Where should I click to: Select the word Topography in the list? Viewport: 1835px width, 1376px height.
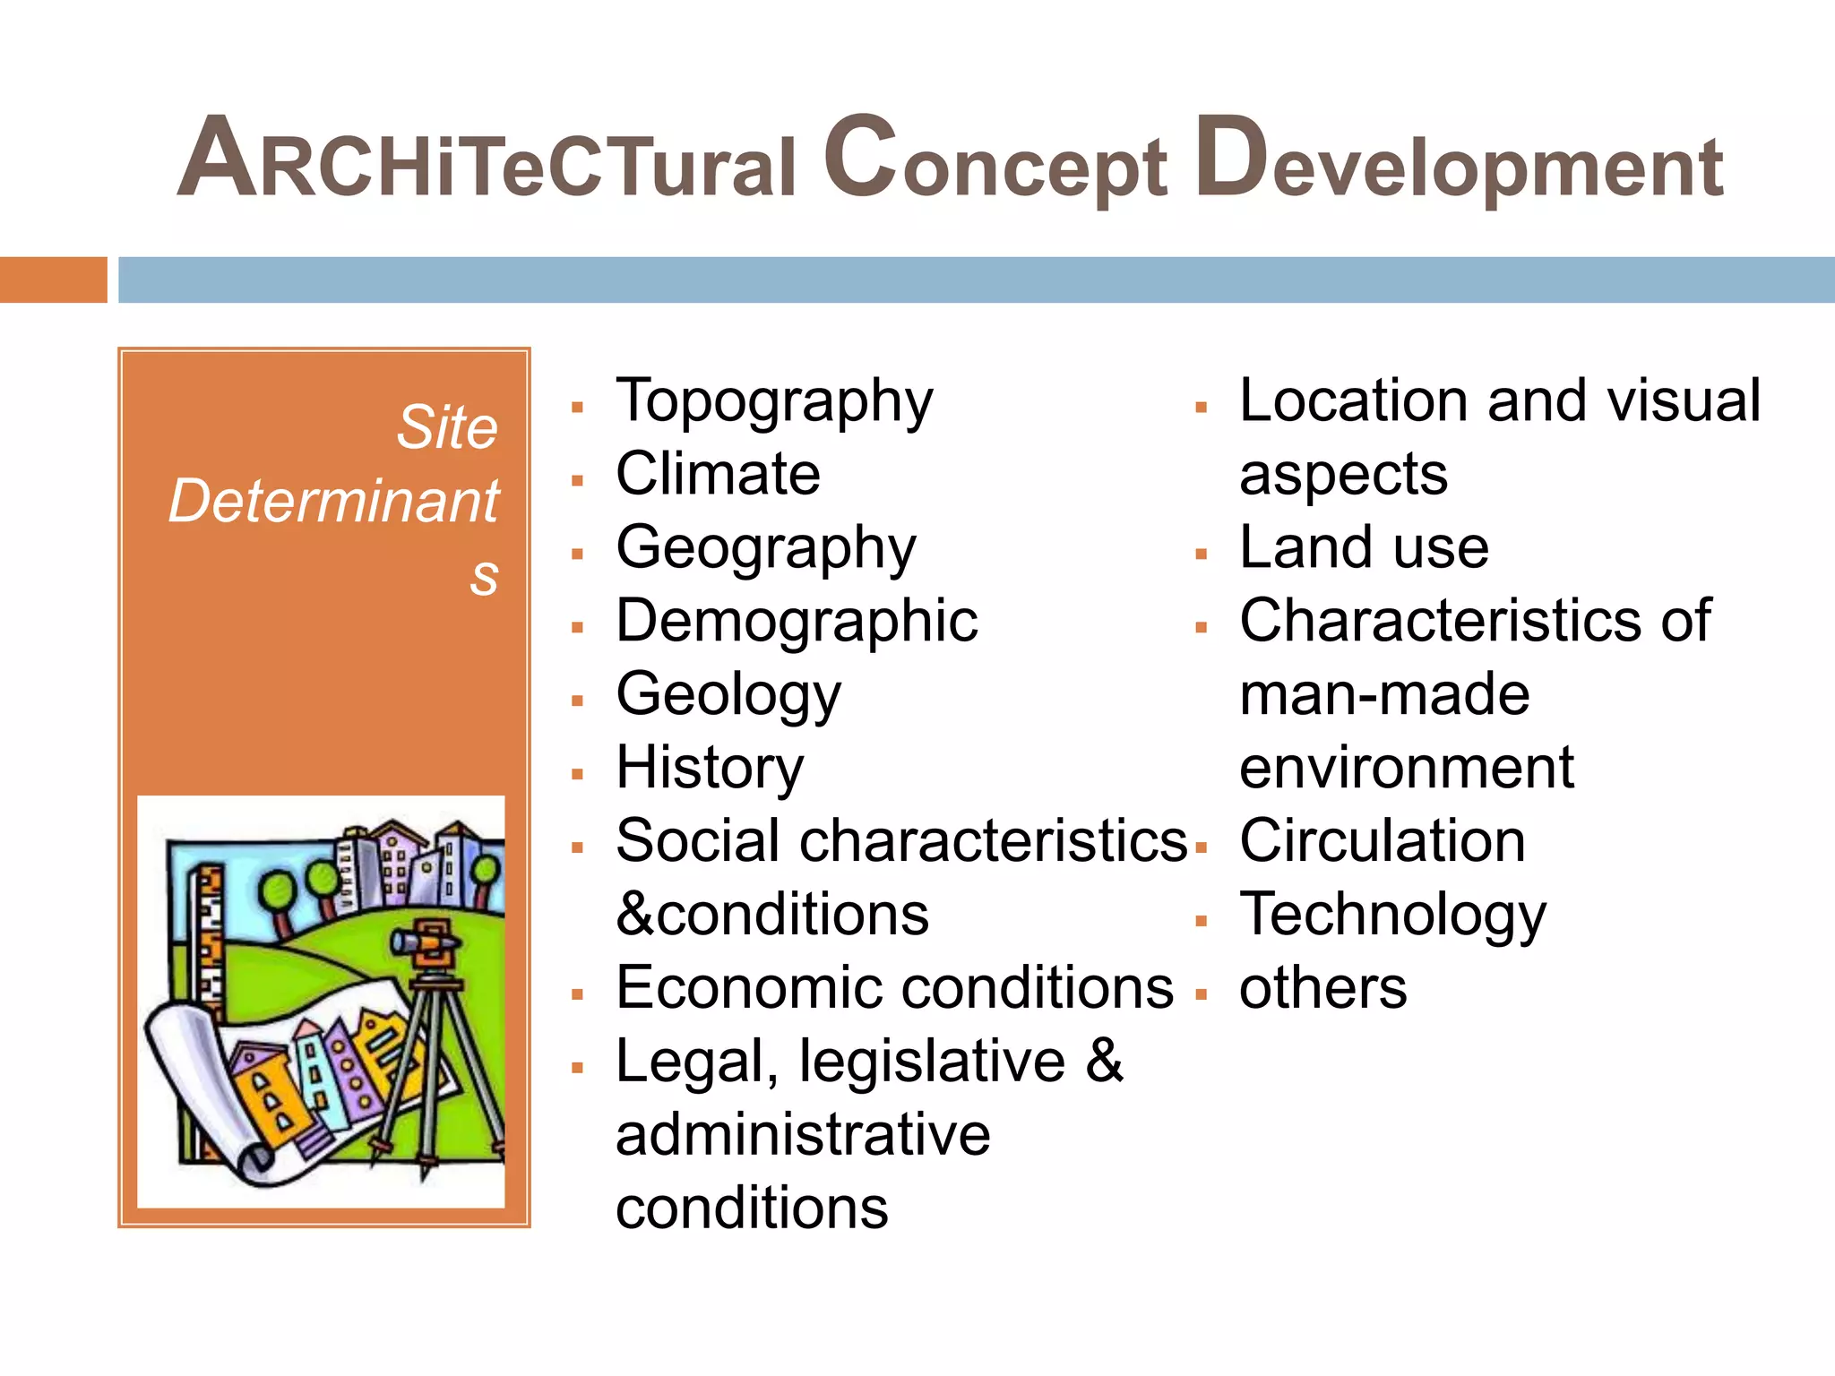click(774, 401)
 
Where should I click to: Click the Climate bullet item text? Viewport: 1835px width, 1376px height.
click(718, 474)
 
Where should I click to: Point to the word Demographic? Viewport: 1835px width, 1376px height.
click(797, 621)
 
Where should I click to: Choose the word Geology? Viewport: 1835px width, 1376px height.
click(728, 695)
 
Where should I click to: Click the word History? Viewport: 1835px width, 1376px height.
click(710, 768)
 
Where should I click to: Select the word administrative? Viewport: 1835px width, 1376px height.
click(803, 1135)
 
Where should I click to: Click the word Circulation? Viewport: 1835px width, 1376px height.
click(1382, 841)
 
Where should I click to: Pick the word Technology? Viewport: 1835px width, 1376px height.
click(1392, 916)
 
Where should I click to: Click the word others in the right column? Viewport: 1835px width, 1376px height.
click(1322, 988)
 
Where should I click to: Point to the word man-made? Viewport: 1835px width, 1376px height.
click(1384, 694)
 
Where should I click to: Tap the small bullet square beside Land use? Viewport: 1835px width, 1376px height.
click(1202, 555)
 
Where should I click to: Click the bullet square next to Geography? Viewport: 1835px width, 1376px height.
click(578, 555)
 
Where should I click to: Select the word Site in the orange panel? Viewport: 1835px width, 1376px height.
click(447, 427)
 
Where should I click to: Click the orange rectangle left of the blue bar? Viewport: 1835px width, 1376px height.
click(53, 279)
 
